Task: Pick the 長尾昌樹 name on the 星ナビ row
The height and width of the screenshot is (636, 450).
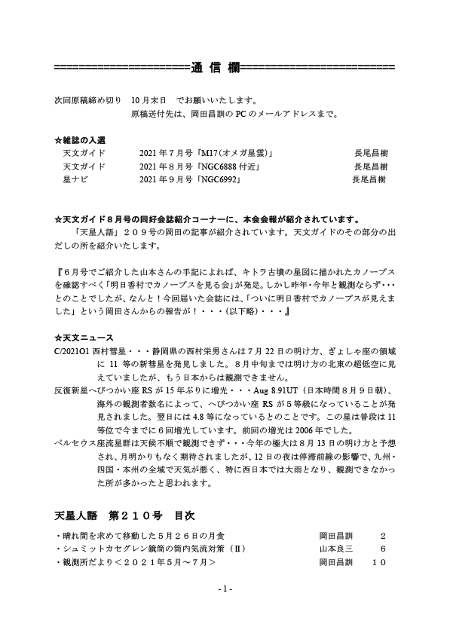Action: (x=369, y=179)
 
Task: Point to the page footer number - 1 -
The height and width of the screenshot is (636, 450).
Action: (x=225, y=589)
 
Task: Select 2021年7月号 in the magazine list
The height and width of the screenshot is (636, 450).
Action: (x=164, y=154)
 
